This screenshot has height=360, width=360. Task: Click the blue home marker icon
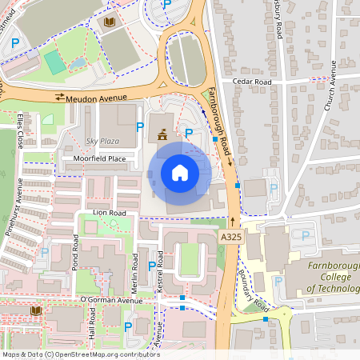point(180,172)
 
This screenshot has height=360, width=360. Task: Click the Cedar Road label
point(252,82)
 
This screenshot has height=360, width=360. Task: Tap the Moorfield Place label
point(100,159)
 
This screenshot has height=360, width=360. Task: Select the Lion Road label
point(110,213)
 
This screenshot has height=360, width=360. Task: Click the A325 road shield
point(230,238)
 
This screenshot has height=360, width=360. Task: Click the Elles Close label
point(20,130)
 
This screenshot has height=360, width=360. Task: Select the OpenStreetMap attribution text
point(80,354)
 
